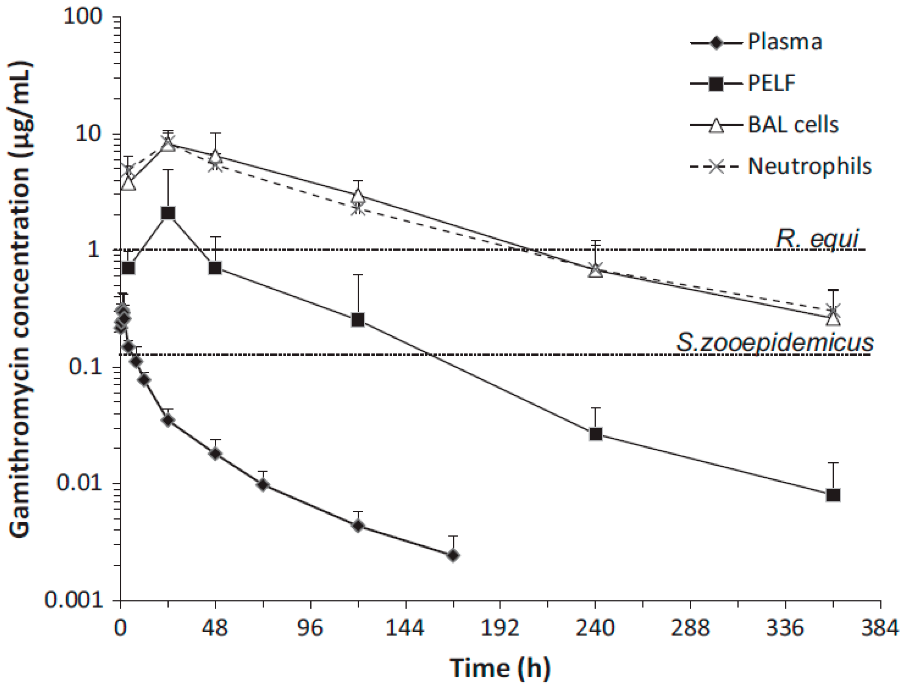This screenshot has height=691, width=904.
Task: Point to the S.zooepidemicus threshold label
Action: tap(774, 343)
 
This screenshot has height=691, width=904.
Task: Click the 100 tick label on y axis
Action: tap(82, 17)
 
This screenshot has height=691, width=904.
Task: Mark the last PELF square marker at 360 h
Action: tap(833, 495)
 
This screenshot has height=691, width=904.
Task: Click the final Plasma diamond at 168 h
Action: tap(453, 556)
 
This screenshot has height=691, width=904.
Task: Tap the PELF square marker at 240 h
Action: tap(595, 434)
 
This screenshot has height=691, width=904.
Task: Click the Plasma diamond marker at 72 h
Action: tap(264, 485)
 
